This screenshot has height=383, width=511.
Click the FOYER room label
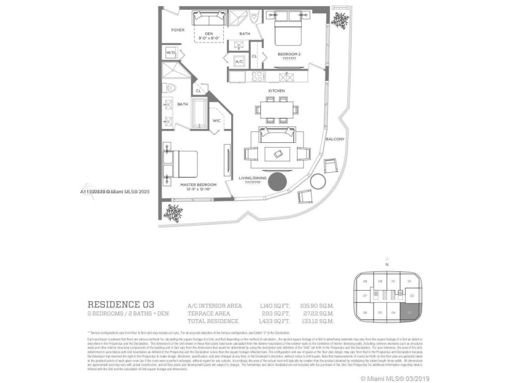click(178, 30)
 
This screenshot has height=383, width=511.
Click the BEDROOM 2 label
click(290, 54)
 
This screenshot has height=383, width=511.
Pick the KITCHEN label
click(277, 91)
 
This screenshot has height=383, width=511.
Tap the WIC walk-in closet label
click(216, 120)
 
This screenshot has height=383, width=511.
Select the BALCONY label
click(335, 139)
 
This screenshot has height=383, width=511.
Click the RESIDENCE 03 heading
click(121, 304)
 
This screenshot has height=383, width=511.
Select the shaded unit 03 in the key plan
click(411, 312)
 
